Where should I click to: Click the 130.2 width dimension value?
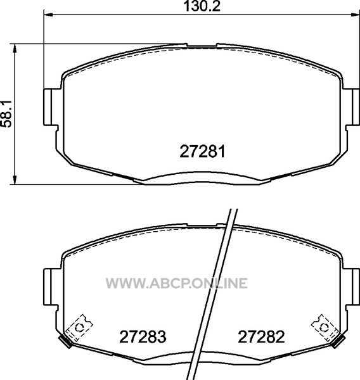click(x=202, y=6)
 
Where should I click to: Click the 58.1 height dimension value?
click(x=6, y=115)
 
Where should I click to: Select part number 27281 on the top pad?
click(x=202, y=151)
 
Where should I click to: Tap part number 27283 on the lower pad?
click(x=143, y=337)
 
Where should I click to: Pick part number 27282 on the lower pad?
click(x=261, y=337)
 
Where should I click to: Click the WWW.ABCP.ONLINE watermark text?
click(x=177, y=283)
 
